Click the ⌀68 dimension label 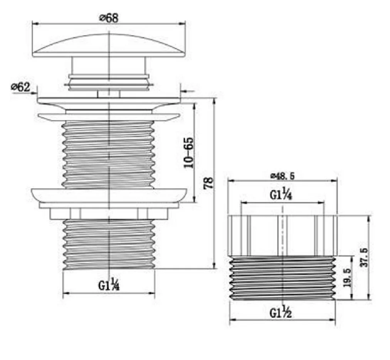click(109, 18)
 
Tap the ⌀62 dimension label click(20, 87)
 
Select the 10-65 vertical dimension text click(188, 153)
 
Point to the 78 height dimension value click(208, 183)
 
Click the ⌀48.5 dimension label click(282, 176)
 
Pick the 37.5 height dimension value click(364, 257)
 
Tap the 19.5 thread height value click(347, 278)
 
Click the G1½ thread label click(281, 312)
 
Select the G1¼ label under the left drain click(109, 284)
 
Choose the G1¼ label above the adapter click(281, 195)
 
